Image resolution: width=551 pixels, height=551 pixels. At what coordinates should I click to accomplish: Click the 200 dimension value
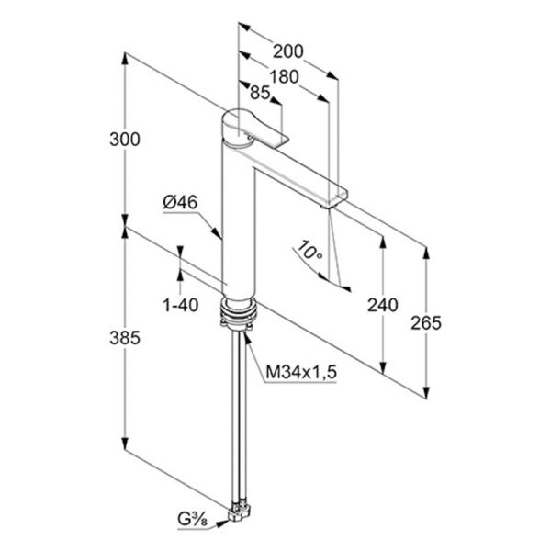(287, 51)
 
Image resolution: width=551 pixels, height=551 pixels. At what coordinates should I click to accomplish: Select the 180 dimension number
(284, 76)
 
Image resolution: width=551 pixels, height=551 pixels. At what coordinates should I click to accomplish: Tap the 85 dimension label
(260, 93)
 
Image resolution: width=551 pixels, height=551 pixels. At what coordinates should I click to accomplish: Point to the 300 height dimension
(125, 140)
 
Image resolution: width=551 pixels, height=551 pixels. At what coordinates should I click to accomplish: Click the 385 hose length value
(125, 338)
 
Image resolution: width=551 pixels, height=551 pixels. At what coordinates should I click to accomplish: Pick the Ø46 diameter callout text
(180, 202)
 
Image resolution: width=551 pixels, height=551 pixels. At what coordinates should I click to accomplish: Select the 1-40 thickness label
(181, 305)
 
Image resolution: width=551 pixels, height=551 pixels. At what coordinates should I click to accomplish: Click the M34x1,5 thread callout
(301, 372)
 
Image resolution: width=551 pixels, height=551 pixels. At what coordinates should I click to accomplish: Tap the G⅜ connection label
(192, 529)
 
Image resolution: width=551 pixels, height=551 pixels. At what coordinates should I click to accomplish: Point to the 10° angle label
(309, 251)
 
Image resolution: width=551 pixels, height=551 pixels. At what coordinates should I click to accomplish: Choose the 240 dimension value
(383, 305)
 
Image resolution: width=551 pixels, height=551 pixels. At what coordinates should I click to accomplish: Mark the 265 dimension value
(426, 323)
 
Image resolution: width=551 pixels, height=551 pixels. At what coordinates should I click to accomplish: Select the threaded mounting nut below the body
(238, 312)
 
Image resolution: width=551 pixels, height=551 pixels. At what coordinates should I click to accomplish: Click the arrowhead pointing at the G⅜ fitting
(222, 524)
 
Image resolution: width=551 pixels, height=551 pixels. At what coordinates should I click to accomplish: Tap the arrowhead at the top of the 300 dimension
(124, 59)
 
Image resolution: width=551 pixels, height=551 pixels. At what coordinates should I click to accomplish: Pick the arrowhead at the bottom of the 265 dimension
(426, 392)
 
